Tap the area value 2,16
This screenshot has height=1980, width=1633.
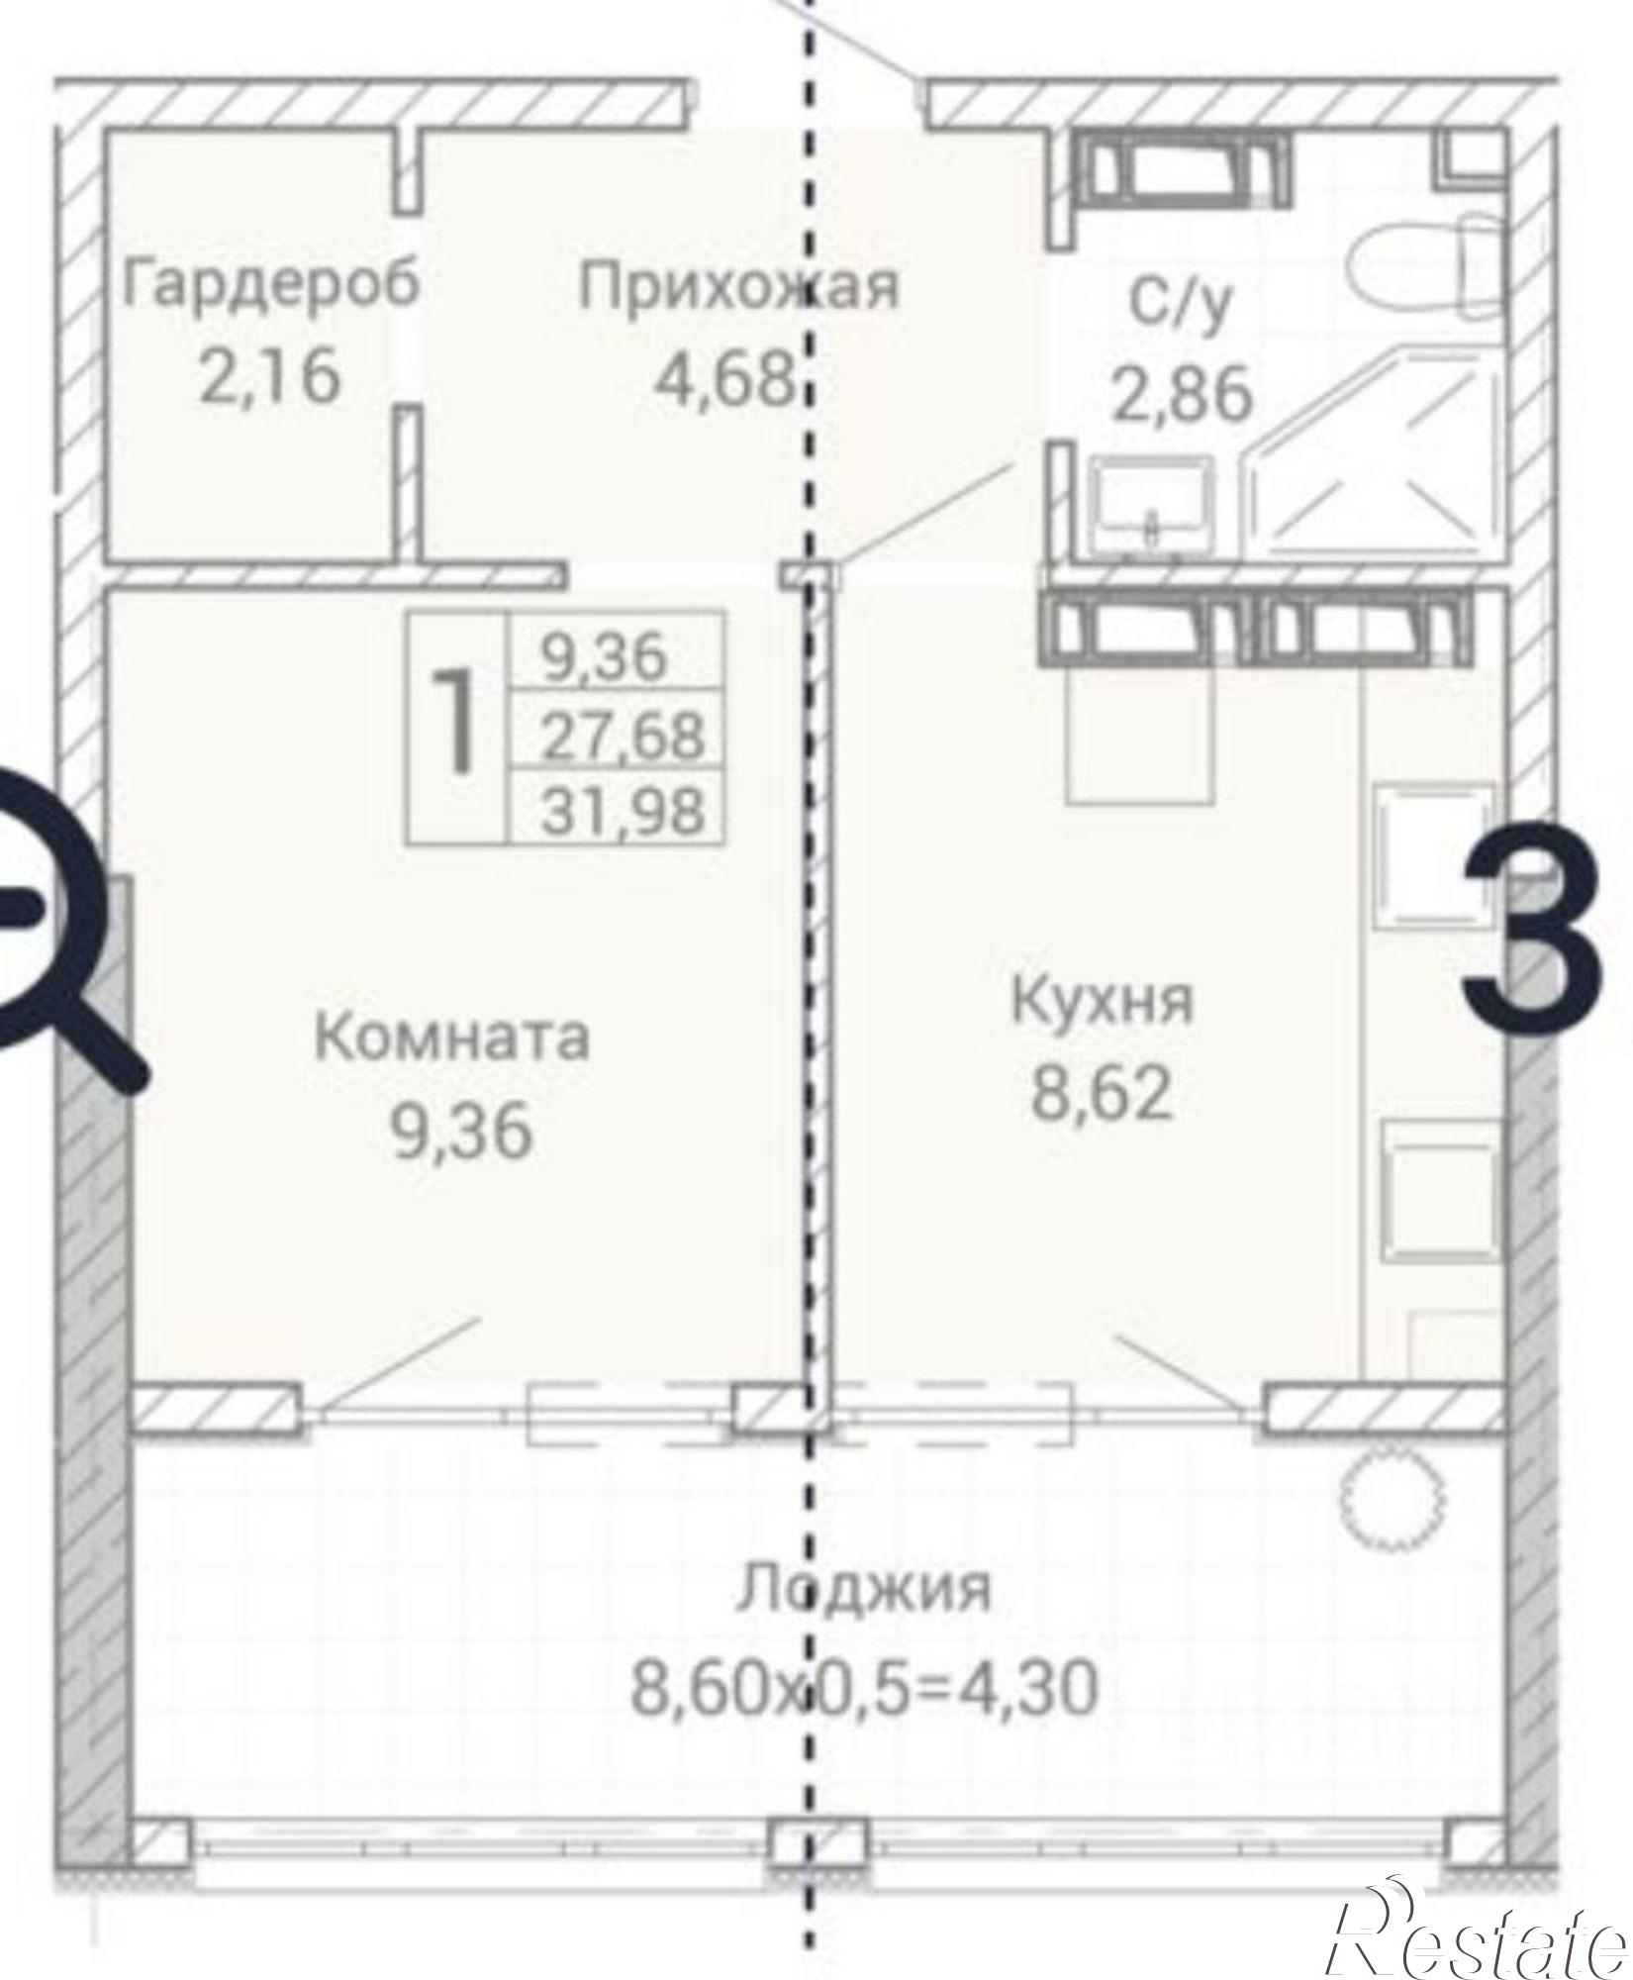click(x=270, y=377)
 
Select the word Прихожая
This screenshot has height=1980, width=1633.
click(x=738, y=286)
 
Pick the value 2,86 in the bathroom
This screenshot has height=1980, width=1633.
click(x=1183, y=393)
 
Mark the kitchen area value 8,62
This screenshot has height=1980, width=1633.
click(x=1103, y=1094)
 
